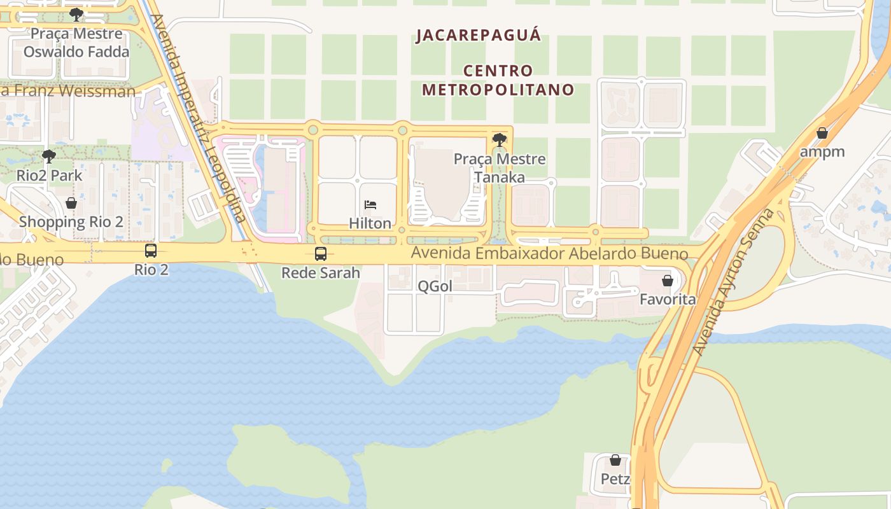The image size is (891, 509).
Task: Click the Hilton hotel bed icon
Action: tap(370, 205)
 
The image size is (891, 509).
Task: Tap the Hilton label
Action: tap(370, 223)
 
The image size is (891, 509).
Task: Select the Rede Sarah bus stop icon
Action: tap(321, 254)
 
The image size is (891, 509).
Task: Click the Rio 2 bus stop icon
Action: tap(151, 251)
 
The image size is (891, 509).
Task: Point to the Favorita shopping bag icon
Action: tap(667, 281)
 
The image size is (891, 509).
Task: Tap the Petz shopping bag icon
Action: tap(615, 460)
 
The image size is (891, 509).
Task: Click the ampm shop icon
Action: tap(822, 133)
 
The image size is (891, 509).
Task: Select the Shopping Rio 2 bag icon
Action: tap(71, 203)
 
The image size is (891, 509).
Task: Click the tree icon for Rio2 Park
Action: tap(48, 156)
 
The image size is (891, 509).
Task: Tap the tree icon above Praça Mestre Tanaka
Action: tap(500, 139)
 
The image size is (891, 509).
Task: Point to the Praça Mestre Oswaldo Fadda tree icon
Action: tap(76, 14)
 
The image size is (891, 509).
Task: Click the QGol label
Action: tap(435, 286)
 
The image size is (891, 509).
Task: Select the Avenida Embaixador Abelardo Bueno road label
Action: tap(549, 253)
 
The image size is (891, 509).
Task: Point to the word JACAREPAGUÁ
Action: tap(479, 35)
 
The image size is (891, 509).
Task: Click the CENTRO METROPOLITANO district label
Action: tap(498, 80)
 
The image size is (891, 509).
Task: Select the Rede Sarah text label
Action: tap(321, 273)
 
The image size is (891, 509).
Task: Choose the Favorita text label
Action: tap(668, 299)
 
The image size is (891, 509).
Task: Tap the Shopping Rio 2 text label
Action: tap(71, 222)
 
